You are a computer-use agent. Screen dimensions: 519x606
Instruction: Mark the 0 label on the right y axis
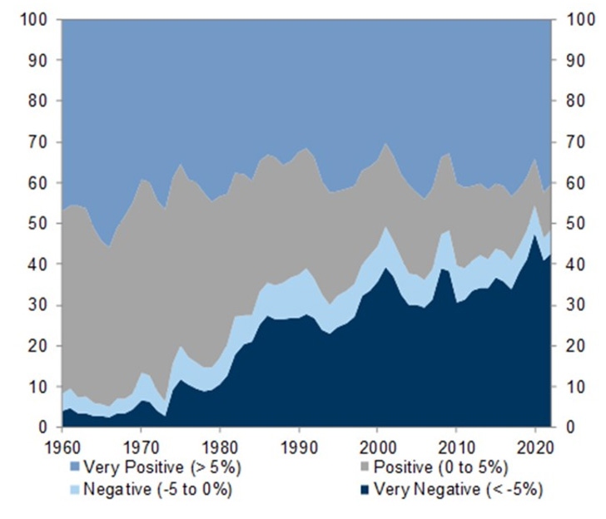pyautogui.click(x=570, y=428)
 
